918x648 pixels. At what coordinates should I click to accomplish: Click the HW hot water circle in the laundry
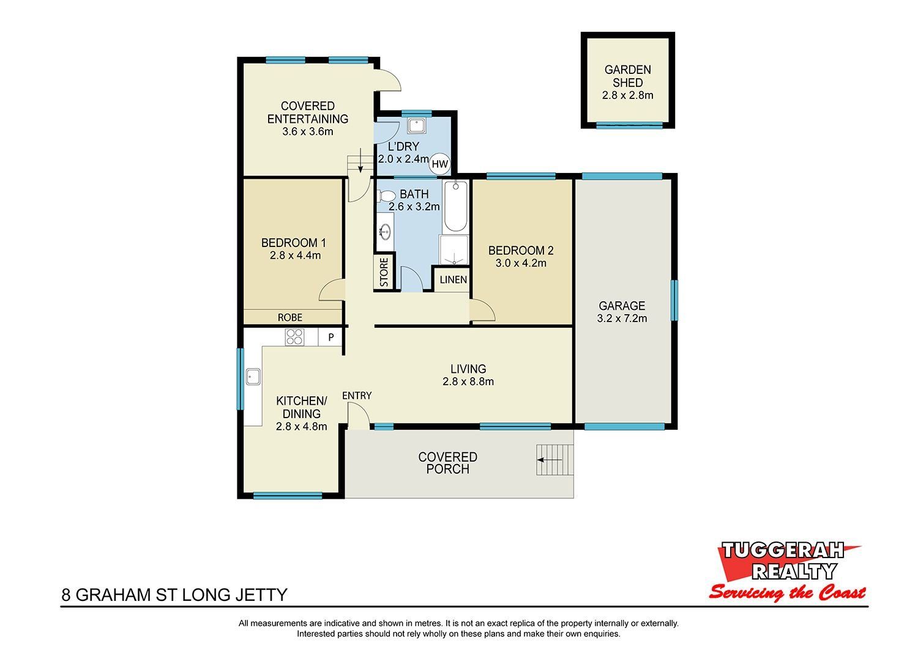click(440, 164)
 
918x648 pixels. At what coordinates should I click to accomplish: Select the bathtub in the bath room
click(456, 207)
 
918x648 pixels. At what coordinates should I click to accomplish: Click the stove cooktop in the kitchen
click(294, 337)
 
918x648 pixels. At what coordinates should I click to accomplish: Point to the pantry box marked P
click(330, 337)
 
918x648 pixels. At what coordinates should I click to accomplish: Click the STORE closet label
click(384, 272)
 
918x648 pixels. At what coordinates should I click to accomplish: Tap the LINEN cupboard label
click(453, 280)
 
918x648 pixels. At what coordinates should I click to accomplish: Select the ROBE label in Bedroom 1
click(290, 318)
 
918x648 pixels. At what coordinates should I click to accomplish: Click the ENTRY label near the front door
click(357, 396)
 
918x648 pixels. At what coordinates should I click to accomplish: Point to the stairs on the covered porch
click(555, 460)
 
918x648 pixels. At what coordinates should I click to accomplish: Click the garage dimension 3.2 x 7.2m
click(622, 318)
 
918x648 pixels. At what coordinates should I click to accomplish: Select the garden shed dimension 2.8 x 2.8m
click(628, 95)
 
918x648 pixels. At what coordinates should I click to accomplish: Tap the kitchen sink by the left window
click(253, 377)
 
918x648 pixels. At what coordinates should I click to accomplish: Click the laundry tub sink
click(417, 126)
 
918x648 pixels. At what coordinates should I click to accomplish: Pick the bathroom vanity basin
click(385, 232)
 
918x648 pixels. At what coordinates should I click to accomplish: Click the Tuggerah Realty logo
click(787, 572)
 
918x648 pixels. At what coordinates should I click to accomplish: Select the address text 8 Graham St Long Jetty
click(174, 595)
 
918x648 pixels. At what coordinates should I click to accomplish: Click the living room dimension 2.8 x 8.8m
click(468, 382)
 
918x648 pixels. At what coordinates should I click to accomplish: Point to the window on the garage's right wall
click(674, 300)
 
